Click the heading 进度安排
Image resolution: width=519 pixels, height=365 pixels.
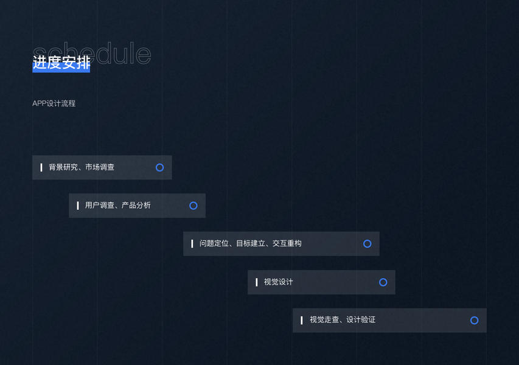[61, 63]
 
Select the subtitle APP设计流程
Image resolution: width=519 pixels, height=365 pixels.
[54, 103]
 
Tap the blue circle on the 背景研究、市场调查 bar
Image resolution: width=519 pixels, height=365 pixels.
[159, 167]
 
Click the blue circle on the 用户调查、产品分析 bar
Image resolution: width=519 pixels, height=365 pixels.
[193, 206]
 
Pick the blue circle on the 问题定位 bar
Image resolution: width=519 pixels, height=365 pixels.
[367, 244]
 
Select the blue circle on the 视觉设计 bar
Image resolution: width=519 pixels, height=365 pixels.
[383, 282]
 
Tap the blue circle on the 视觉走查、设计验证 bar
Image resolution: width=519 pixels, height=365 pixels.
[474, 321]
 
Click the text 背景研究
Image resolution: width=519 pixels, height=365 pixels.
[63, 167]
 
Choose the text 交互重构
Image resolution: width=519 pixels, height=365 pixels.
[287, 244]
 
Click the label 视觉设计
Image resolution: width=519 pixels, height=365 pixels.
[279, 282]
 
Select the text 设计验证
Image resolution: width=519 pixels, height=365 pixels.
[361, 320]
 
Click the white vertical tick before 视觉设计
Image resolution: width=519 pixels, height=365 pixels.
[257, 282]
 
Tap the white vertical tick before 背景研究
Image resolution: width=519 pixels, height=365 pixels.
[41, 167]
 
